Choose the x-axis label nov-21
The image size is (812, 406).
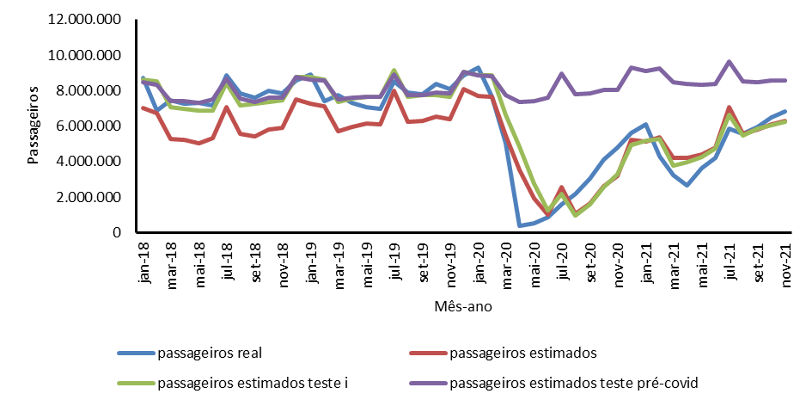(x=785, y=255)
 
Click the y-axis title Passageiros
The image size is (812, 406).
(x=34, y=126)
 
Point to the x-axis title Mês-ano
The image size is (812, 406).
(x=463, y=305)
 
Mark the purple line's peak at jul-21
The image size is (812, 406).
(x=730, y=62)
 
